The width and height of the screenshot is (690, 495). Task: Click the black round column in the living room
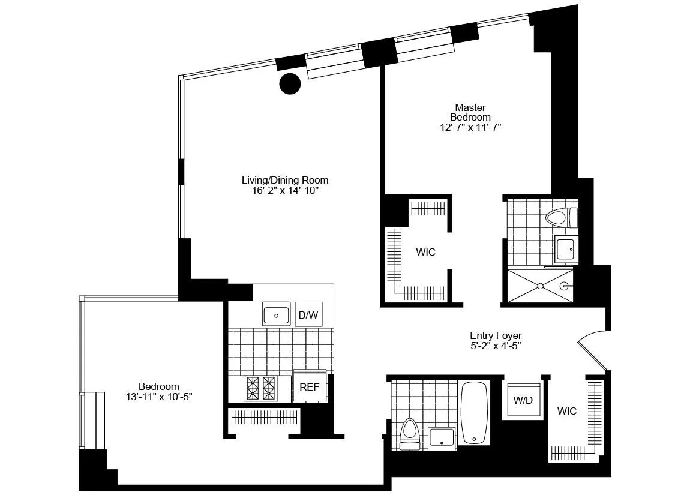click(x=290, y=83)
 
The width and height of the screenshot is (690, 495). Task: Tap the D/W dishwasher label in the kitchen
click(x=308, y=314)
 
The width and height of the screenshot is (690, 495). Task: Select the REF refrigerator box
click(x=309, y=387)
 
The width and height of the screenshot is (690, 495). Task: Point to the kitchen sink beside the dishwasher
click(x=277, y=314)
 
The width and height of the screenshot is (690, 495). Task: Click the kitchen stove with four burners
click(x=260, y=388)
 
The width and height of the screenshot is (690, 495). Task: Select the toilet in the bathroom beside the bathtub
click(x=410, y=433)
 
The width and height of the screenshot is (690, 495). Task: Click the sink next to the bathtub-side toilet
click(x=443, y=437)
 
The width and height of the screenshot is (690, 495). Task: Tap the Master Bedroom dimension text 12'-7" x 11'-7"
click(x=470, y=127)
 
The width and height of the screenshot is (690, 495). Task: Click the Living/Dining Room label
click(x=285, y=180)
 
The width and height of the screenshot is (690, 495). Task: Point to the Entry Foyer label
click(x=496, y=335)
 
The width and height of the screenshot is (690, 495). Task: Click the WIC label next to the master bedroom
click(x=425, y=252)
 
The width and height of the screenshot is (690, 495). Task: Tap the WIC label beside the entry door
click(x=566, y=411)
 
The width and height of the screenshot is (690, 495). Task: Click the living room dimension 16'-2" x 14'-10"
click(x=285, y=191)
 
